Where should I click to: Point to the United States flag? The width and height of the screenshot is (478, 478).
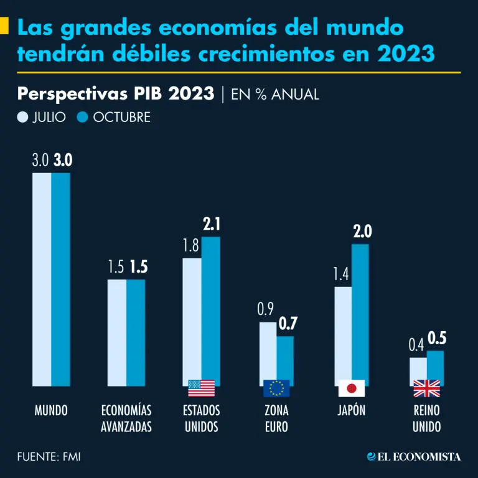tap(201, 388)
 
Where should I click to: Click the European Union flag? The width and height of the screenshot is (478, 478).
tap(276, 388)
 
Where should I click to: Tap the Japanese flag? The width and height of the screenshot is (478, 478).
tap(352, 388)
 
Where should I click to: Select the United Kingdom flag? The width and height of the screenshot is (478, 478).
tap(426, 388)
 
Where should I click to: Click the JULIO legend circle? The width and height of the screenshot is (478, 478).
tap(24, 117)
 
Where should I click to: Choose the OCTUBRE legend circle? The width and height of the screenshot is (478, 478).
tap(83, 117)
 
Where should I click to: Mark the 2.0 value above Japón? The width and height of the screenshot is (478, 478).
tap(362, 232)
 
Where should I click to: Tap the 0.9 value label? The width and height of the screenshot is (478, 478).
tap(266, 309)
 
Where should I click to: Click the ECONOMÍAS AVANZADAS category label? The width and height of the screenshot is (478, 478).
tap(126, 418)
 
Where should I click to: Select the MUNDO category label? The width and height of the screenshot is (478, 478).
tap(51, 411)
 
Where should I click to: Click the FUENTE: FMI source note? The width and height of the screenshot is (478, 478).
tap(49, 457)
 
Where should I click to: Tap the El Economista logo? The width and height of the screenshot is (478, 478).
tap(414, 457)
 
